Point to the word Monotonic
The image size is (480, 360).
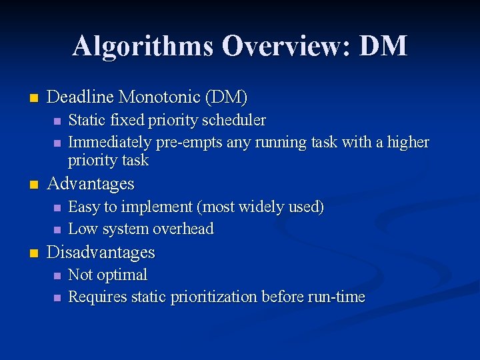pos(159,97)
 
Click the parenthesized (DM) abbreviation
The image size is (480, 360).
pos(226,97)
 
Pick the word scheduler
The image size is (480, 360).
pos(235,121)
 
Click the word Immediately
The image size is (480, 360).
pos(110,142)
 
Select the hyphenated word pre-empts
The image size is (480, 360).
pos(189,143)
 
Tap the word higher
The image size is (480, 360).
pos(407,142)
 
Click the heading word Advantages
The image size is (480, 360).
pos(91,183)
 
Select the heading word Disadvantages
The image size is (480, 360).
pos(101,253)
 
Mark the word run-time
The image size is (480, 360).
pos(337,297)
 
